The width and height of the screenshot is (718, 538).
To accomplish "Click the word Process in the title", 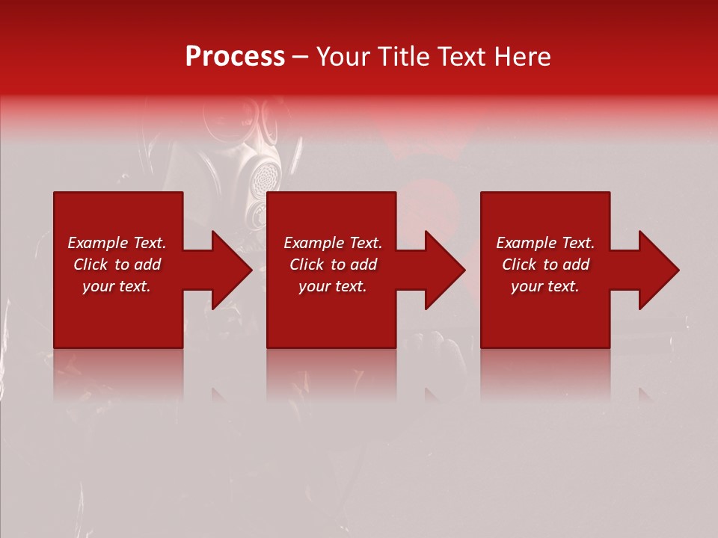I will tap(235, 57).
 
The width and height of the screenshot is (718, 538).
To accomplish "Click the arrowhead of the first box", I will tap(228, 270).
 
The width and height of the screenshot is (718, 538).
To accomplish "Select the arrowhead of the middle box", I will tap(441, 270).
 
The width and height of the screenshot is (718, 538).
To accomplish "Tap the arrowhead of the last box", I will tap(655, 270).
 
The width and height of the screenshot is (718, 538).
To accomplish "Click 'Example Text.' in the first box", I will tap(117, 243).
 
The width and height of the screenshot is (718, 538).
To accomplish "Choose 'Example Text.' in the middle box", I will tap(333, 243).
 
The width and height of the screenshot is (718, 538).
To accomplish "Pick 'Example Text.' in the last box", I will tap(545, 243).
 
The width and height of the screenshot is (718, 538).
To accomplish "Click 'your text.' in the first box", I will tap(117, 286).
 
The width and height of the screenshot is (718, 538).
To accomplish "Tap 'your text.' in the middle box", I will tap(333, 286).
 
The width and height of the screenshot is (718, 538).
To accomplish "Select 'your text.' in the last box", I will tap(545, 286).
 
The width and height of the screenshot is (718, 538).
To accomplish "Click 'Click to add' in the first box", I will tap(117, 265).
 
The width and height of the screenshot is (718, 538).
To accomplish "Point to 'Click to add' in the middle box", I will tap(333, 265).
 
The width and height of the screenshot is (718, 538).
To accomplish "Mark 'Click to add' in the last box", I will tap(545, 265).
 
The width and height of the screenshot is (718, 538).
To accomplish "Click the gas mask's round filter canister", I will tap(263, 177).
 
